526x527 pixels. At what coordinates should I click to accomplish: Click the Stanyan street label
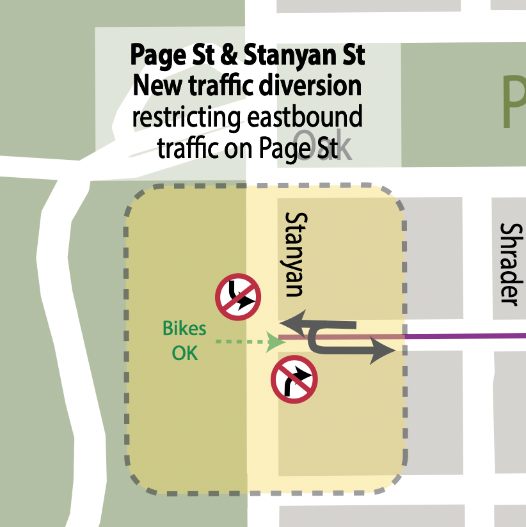point(293,255)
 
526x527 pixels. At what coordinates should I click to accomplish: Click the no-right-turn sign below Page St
point(294,379)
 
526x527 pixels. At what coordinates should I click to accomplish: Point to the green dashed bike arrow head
point(275,342)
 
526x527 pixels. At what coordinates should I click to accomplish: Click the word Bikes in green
point(184,329)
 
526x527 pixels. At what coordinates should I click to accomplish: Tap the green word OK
point(185,352)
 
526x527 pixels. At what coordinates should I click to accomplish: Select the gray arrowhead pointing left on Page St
point(289,322)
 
